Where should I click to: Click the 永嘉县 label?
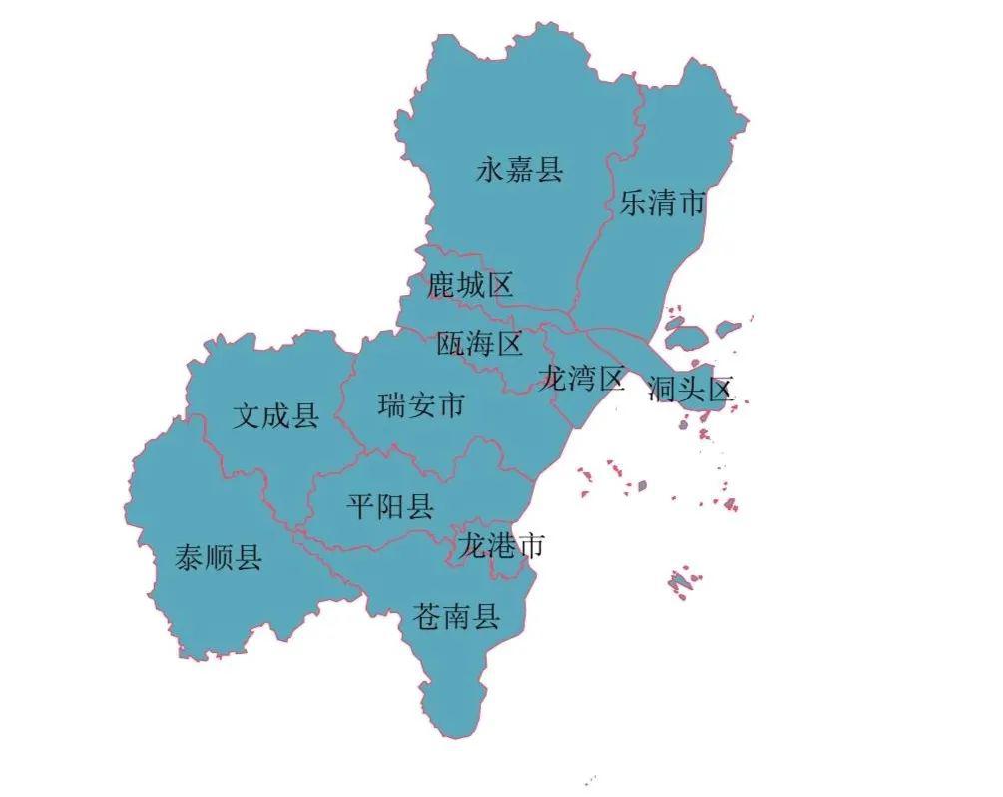click(x=519, y=170)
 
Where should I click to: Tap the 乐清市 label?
click(x=662, y=204)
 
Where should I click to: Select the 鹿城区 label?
click(x=470, y=286)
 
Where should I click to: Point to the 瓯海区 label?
click(x=480, y=345)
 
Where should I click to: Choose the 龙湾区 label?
click(x=581, y=379)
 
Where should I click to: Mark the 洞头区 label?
click(x=691, y=389)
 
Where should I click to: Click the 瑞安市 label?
click(x=421, y=406)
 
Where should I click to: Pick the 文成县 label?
click(x=275, y=415)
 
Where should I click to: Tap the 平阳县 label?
click(x=390, y=507)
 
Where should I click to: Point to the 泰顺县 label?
click(x=219, y=557)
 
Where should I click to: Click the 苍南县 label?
click(x=456, y=617)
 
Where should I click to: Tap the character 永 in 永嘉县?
click(x=490, y=170)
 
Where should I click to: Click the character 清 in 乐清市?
click(x=662, y=204)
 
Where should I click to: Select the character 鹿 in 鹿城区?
click(x=441, y=286)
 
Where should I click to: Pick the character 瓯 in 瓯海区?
click(x=451, y=345)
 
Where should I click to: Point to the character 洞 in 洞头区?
click(x=662, y=389)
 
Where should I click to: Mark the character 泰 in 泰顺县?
click(x=190, y=557)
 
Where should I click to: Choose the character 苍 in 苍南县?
click(x=427, y=617)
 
